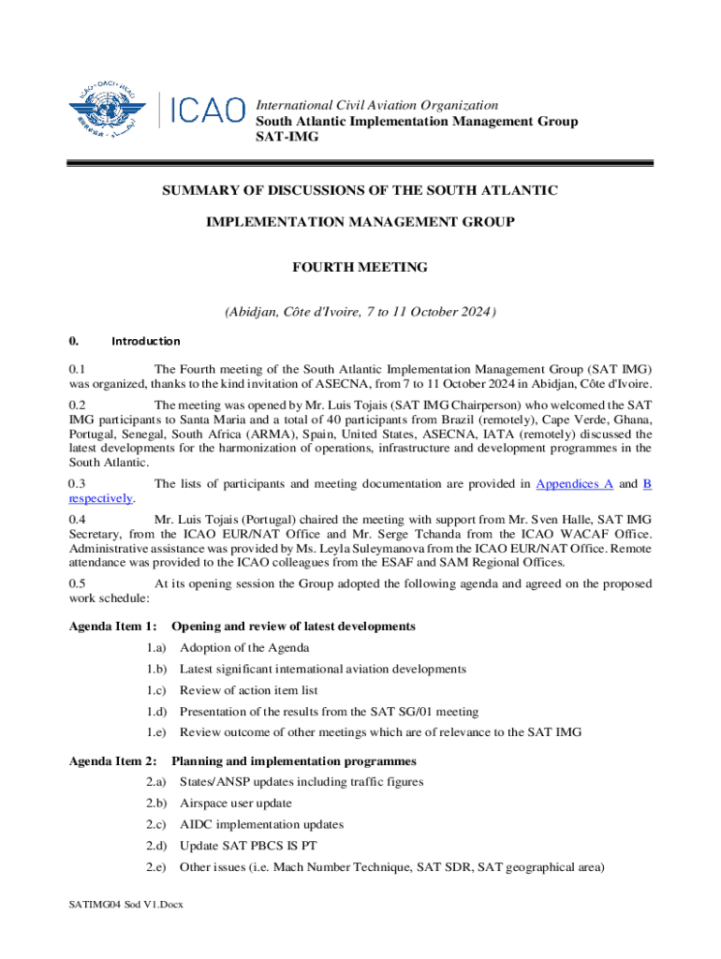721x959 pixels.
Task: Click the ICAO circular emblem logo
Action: click(108, 111)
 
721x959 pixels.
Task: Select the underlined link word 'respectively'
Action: click(100, 498)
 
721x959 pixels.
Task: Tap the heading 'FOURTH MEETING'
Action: click(360, 267)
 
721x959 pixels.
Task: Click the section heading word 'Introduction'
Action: click(146, 341)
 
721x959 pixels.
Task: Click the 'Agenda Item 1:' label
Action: click(112, 626)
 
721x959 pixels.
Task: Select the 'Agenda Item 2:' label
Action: click(112, 760)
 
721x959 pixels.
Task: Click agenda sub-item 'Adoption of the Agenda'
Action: click(244, 647)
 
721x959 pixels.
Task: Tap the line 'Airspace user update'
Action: click(235, 803)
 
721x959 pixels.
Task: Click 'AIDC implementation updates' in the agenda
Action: click(261, 824)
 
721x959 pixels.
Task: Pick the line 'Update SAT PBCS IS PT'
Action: click(247, 846)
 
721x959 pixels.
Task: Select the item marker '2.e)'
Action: click(155, 866)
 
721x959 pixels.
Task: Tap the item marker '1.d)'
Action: click(155, 711)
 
